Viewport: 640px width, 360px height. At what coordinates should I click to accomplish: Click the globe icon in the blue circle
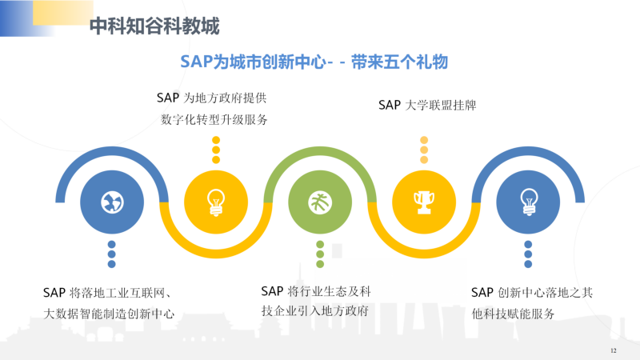pos(112,202)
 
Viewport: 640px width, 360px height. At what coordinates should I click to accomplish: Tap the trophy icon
pos(424,202)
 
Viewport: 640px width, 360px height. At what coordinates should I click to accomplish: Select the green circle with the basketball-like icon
pos(320,202)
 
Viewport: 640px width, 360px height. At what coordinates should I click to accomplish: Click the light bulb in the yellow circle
pos(216,202)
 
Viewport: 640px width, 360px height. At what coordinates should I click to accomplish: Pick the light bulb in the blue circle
pos(529,202)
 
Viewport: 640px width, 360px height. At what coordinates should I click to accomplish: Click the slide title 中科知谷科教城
pos(154,26)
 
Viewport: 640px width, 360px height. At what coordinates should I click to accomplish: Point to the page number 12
pos(613,350)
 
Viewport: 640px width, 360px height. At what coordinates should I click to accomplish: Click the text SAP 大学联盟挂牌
pos(427,106)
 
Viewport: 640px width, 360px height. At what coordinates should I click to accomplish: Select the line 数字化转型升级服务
pos(214,119)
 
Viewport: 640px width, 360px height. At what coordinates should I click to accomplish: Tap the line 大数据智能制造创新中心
pos(109,314)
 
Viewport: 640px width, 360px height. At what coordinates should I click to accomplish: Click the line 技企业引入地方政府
pos(314,311)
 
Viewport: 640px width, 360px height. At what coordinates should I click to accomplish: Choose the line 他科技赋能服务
pos(513,314)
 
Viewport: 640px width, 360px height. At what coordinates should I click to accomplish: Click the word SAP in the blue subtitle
pos(196,62)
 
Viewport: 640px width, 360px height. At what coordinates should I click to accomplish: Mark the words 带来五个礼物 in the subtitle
pos(399,62)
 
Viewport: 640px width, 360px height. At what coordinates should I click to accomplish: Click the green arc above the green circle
pos(320,151)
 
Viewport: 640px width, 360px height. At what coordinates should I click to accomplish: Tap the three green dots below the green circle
pos(320,254)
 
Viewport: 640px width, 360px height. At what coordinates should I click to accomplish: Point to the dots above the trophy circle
pos(424,150)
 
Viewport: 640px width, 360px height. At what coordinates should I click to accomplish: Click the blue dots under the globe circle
pos(111,254)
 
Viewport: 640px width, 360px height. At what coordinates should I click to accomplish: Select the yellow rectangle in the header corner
pos(63,12)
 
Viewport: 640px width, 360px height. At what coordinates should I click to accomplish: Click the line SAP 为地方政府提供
pos(211,98)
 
